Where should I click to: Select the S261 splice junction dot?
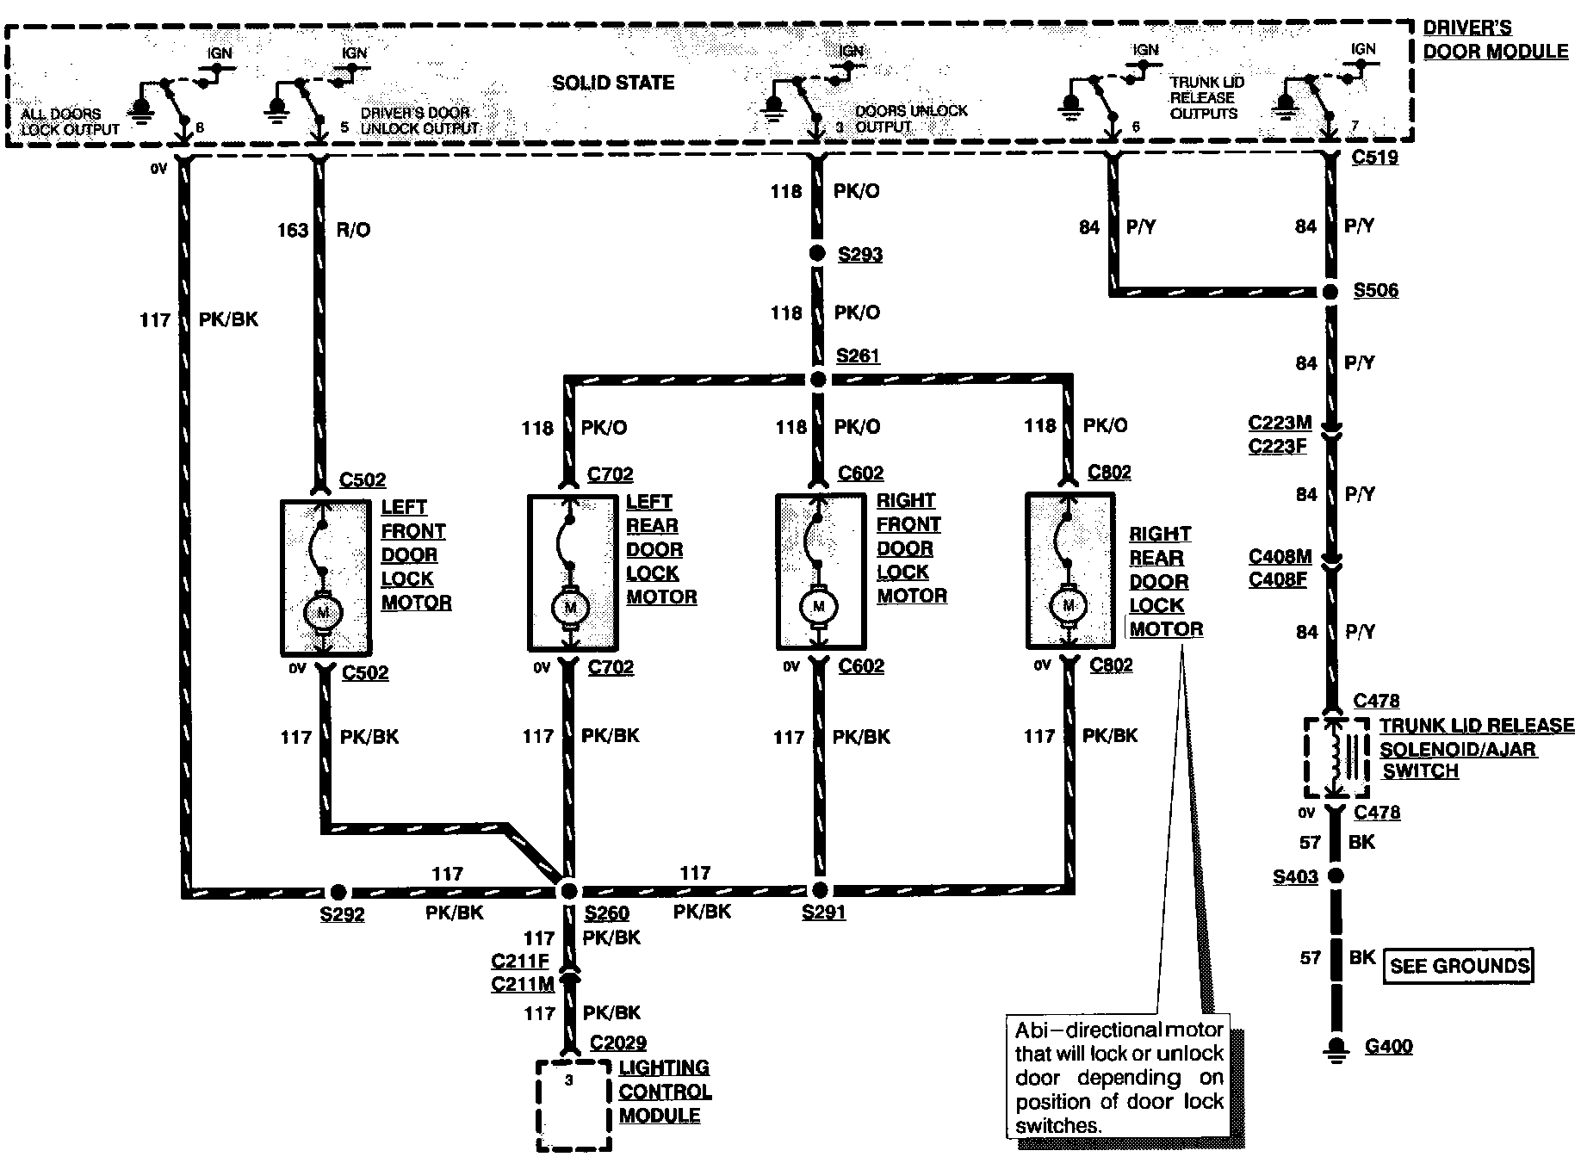point(819,379)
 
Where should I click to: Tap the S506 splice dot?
point(1330,293)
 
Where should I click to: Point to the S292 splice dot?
point(338,892)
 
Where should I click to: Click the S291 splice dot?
point(820,890)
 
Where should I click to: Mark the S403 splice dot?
point(1336,876)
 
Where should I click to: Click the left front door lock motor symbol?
point(323,612)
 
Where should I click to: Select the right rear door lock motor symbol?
point(1069,606)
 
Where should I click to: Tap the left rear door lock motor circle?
point(569,608)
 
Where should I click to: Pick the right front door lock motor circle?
point(819,607)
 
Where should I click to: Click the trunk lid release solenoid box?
point(1336,758)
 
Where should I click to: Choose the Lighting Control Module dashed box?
point(574,1104)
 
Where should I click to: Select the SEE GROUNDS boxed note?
point(1459,966)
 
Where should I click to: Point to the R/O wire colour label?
point(354,230)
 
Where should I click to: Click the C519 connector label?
point(1375,158)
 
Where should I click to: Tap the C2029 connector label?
point(618,1043)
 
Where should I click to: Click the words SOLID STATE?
point(613,83)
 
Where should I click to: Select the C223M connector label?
point(1280,423)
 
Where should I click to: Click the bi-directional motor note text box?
point(1119,1077)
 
